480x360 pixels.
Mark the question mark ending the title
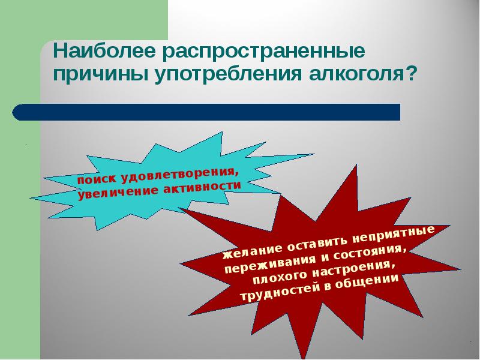pos(412,75)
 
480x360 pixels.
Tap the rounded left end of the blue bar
pos(17,112)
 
